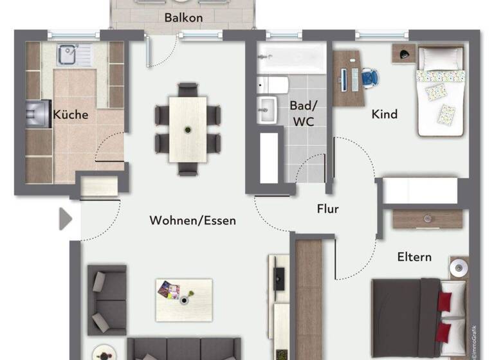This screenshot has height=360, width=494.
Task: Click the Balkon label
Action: pyautogui.click(x=183, y=17)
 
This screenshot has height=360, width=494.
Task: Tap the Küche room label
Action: pyautogui.click(x=71, y=115)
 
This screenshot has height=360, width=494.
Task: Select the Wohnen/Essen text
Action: pyautogui.click(x=192, y=221)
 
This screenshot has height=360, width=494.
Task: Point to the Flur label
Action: pyautogui.click(x=327, y=209)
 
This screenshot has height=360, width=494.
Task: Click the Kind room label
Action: pyautogui.click(x=385, y=114)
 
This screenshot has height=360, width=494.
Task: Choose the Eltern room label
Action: pyautogui.click(x=414, y=257)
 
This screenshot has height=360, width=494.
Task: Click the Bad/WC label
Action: pyautogui.click(x=302, y=114)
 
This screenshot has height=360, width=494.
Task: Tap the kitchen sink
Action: pyautogui.click(x=68, y=55)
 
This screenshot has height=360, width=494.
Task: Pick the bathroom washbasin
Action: pyautogui.click(x=266, y=110)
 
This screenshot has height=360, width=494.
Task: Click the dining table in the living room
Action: pyautogui.click(x=188, y=129)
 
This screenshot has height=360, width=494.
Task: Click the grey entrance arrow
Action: pyautogui.click(x=66, y=219)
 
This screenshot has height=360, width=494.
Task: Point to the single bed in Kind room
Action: pyautogui.click(x=441, y=91)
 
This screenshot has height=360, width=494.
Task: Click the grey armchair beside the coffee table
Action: pyautogui.click(x=107, y=300)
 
